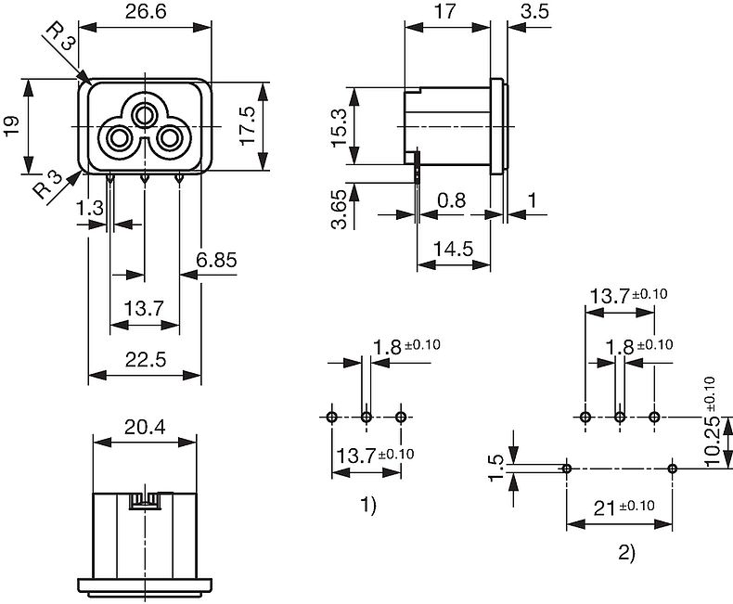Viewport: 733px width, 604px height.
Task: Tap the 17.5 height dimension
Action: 246,124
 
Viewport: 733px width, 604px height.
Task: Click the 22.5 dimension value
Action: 145,361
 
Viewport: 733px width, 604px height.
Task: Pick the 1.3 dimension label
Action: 91,209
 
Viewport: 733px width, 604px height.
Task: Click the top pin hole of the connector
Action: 144,115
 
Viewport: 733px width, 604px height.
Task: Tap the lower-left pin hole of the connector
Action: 120,140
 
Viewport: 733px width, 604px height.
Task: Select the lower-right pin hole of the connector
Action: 169,140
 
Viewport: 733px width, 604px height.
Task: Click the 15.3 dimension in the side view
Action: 338,126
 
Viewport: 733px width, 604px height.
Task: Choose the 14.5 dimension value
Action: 454,249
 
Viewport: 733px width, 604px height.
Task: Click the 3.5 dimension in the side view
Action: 534,12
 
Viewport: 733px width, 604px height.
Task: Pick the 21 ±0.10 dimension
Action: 620,507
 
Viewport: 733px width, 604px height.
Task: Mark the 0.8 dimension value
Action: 454,199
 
